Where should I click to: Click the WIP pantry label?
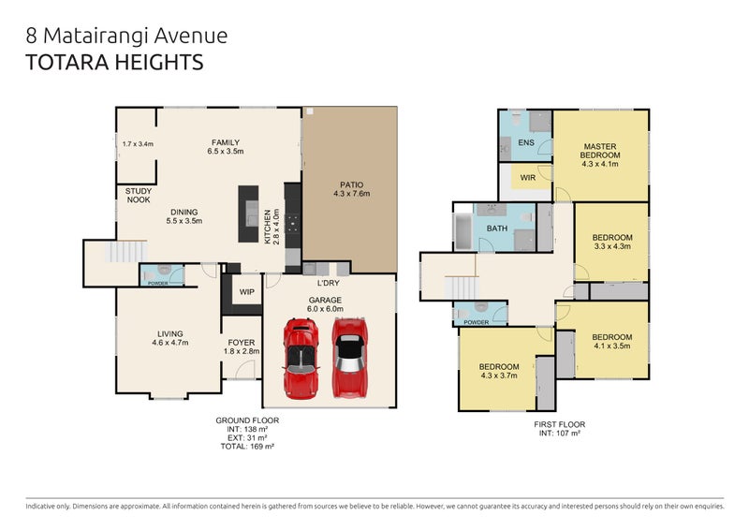246,292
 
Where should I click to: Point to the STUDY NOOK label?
139,195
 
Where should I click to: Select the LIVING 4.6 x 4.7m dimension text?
170,344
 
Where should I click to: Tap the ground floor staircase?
125,252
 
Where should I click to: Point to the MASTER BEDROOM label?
599,152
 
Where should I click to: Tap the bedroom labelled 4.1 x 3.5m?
612,341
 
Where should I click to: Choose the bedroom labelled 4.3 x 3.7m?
499,371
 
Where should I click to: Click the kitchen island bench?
248,215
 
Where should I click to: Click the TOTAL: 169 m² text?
247,448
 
